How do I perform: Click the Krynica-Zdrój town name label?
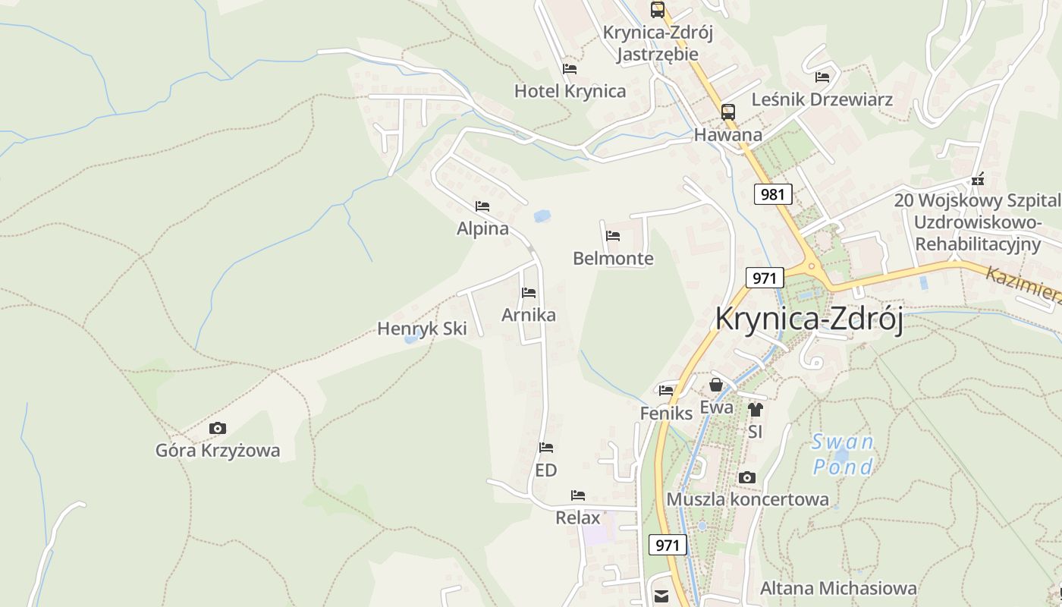point(809,319)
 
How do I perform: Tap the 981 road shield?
point(773,194)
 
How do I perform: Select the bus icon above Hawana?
point(728,112)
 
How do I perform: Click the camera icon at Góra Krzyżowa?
point(218,429)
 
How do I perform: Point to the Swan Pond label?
point(842,454)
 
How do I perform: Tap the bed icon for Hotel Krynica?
point(570,69)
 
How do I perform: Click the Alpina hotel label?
point(482,228)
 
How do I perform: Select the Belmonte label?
point(613,258)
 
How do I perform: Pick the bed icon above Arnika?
point(529,293)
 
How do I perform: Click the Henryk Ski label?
point(422,329)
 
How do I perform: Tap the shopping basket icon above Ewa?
point(716,385)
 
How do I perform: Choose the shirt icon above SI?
point(755,410)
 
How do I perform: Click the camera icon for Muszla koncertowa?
point(747,477)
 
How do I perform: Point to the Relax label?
point(578,517)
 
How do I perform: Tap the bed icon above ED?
point(546,448)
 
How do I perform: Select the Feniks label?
point(667,413)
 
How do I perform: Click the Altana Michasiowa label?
point(838,588)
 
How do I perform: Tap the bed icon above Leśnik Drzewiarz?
point(822,77)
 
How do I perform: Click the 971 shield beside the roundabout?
point(764,278)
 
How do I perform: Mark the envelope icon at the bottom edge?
point(661,597)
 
